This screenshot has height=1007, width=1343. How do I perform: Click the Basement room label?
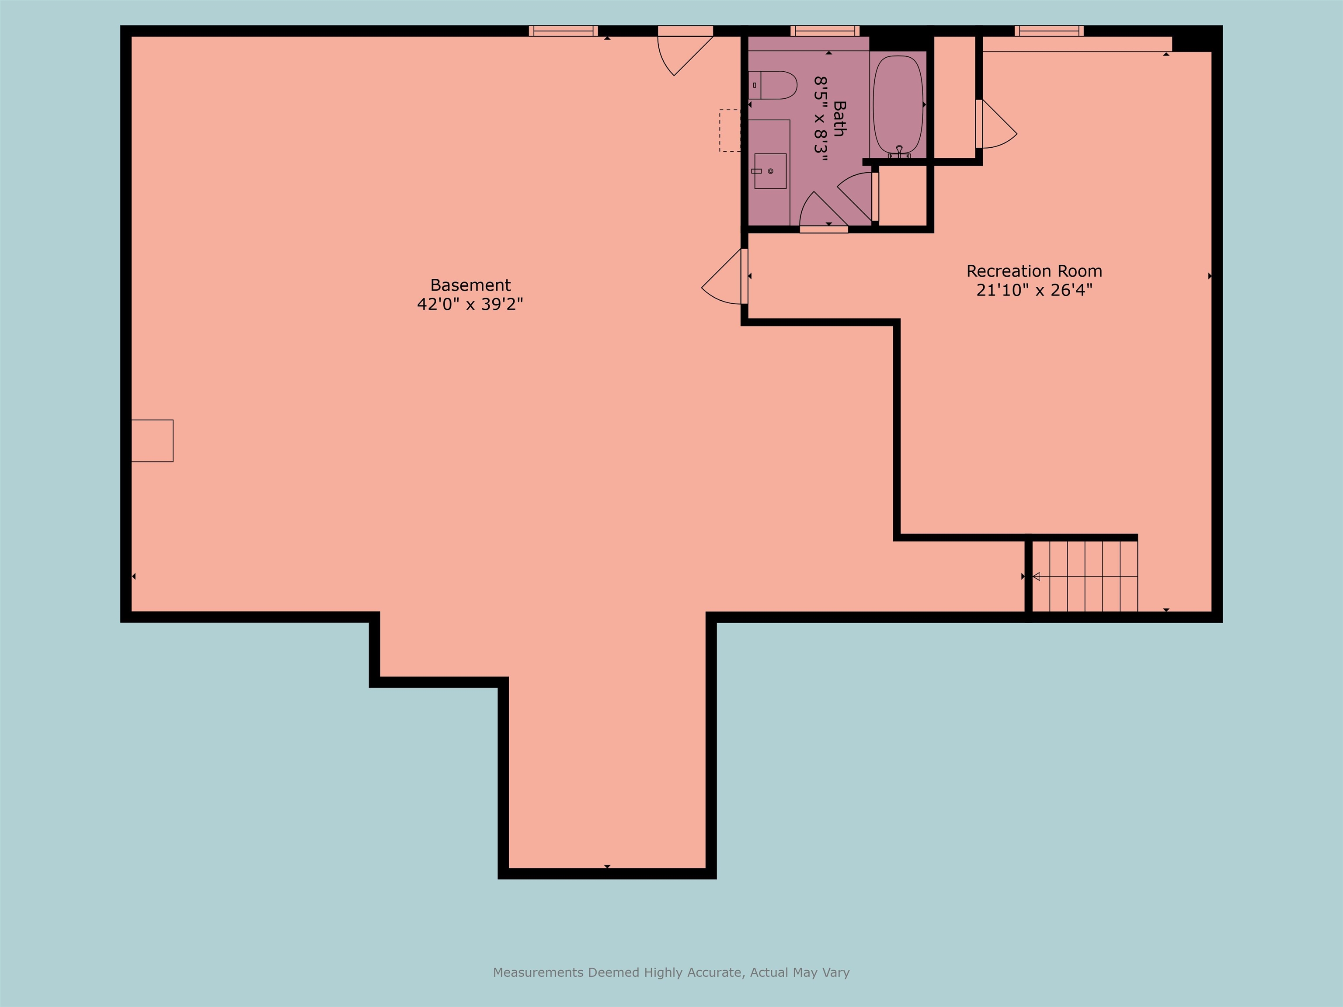[x=470, y=285]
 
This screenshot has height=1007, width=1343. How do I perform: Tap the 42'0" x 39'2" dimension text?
[x=470, y=304]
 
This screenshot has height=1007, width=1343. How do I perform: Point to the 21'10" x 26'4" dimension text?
[x=1034, y=290]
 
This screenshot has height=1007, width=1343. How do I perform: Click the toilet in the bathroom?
[x=772, y=85]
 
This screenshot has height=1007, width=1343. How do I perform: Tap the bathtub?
[x=898, y=104]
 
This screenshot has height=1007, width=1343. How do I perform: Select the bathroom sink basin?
[x=770, y=171]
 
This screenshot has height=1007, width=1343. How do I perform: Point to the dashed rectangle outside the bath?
[x=730, y=131]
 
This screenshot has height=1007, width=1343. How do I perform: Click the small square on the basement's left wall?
[x=153, y=441]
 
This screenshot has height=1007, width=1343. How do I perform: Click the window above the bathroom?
[x=825, y=31]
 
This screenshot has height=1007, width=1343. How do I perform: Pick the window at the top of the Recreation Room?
[x=1048, y=31]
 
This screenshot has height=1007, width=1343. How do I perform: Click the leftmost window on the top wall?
[x=563, y=31]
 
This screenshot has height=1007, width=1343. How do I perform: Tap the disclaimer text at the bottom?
[x=671, y=972]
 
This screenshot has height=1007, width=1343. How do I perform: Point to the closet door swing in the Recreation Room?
[x=996, y=124]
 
